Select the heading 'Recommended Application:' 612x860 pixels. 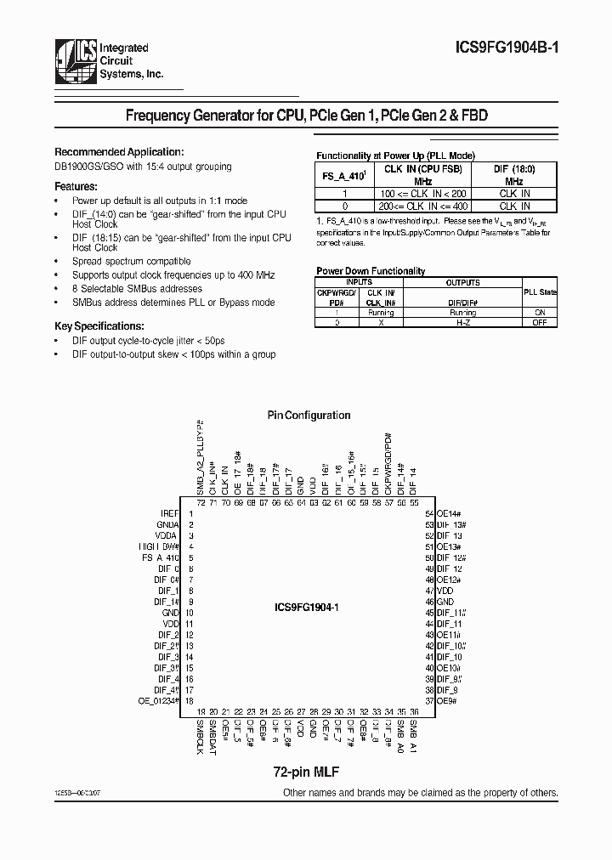[118, 150]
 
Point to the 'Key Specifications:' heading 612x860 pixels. [99, 326]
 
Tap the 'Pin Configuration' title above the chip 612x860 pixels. [309, 416]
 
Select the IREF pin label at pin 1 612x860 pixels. [170, 514]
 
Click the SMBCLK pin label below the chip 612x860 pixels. [201, 737]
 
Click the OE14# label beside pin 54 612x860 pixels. [448, 514]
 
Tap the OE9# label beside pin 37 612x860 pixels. [446, 700]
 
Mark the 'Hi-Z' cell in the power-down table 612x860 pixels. [463, 323]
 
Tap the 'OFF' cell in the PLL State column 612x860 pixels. [540, 323]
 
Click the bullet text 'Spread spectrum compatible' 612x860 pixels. [132, 261]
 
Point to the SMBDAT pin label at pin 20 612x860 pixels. [213, 736]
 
